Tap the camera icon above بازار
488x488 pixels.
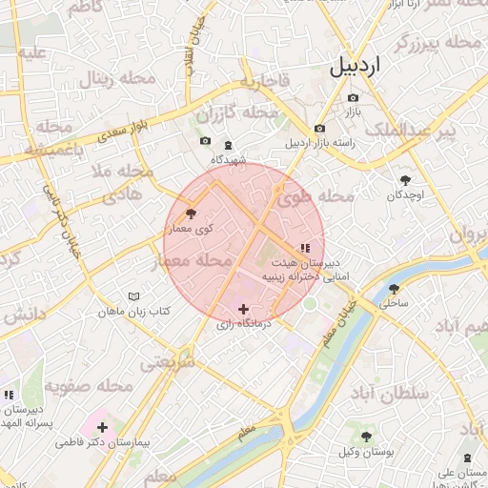pyautogui.click(x=354, y=98)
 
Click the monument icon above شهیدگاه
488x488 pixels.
pyautogui.click(x=227, y=146)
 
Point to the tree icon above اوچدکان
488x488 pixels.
pyautogui.click(x=406, y=179)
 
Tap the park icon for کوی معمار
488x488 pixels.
pyautogui.click(x=191, y=213)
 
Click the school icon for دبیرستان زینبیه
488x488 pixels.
pyautogui.click(x=304, y=249)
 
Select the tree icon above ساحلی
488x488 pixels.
pyautogui.click(x=394, y=289)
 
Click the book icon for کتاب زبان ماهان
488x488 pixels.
pyautogui.click(x=133, y=296)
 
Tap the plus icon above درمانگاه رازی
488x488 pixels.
pyautogui.click(x=244, y=309)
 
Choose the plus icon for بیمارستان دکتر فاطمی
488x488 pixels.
pyautogui.click(x=102, y=427)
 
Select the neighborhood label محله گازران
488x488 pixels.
pyautogui.click(x=247, y=113)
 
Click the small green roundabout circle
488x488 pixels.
pyautogui.click(x=310, y=304)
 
